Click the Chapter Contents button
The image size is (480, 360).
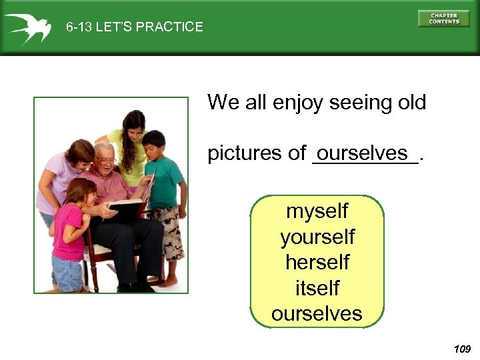pos(443,18)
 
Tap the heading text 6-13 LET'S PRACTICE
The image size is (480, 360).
pos(135,27)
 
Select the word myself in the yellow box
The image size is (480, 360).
pos(317,211)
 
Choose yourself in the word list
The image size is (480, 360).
pos(317,237)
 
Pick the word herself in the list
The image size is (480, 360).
pos(317,262)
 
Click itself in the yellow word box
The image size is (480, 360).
pos(317,288)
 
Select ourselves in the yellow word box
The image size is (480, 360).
pos(317,313)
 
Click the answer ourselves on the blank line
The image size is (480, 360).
pos(363,153)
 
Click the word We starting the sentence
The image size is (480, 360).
pos(221,103)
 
